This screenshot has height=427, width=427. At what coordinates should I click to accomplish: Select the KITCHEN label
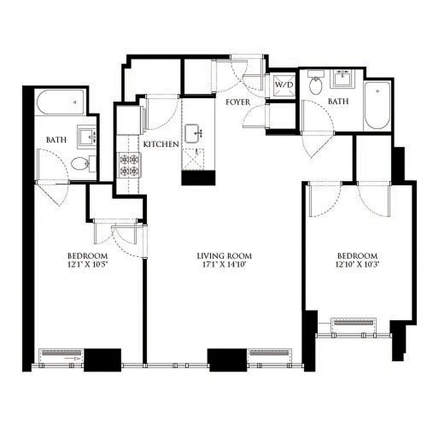161,144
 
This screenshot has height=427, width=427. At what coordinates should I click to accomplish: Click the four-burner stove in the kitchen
128,165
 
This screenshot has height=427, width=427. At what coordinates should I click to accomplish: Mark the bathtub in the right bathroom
378,104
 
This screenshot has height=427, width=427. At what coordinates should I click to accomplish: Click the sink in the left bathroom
86,136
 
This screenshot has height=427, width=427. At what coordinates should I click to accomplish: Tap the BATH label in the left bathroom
56,140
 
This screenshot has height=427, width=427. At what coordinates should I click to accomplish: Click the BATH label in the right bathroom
338,101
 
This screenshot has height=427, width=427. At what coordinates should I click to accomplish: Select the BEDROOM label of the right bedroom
358,256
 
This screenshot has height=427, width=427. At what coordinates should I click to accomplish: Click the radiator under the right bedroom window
354,325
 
